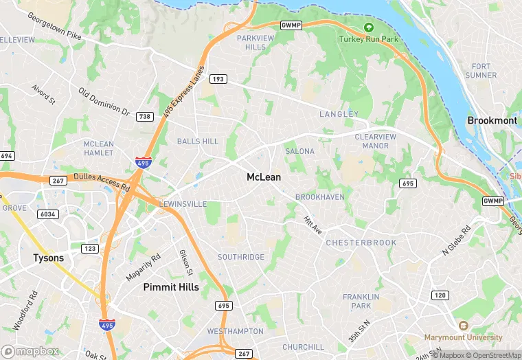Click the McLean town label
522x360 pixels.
[264, 177]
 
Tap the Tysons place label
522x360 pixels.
[49, 258]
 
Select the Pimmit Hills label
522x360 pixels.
[171, 286]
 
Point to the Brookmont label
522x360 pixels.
[492, 120]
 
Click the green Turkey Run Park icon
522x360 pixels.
[368, 27]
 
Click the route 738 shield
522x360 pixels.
[144, 117]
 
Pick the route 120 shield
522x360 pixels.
[440, 295]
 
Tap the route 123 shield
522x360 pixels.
[90, 248]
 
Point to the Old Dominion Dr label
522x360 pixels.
[104, 101]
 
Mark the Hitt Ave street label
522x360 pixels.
[313, 225]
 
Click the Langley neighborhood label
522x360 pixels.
[339, 114]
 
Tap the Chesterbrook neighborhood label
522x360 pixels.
[361, 243]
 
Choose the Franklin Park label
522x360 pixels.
[361, 301]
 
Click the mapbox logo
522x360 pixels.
[31, 351]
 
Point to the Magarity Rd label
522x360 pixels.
[143, 267]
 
